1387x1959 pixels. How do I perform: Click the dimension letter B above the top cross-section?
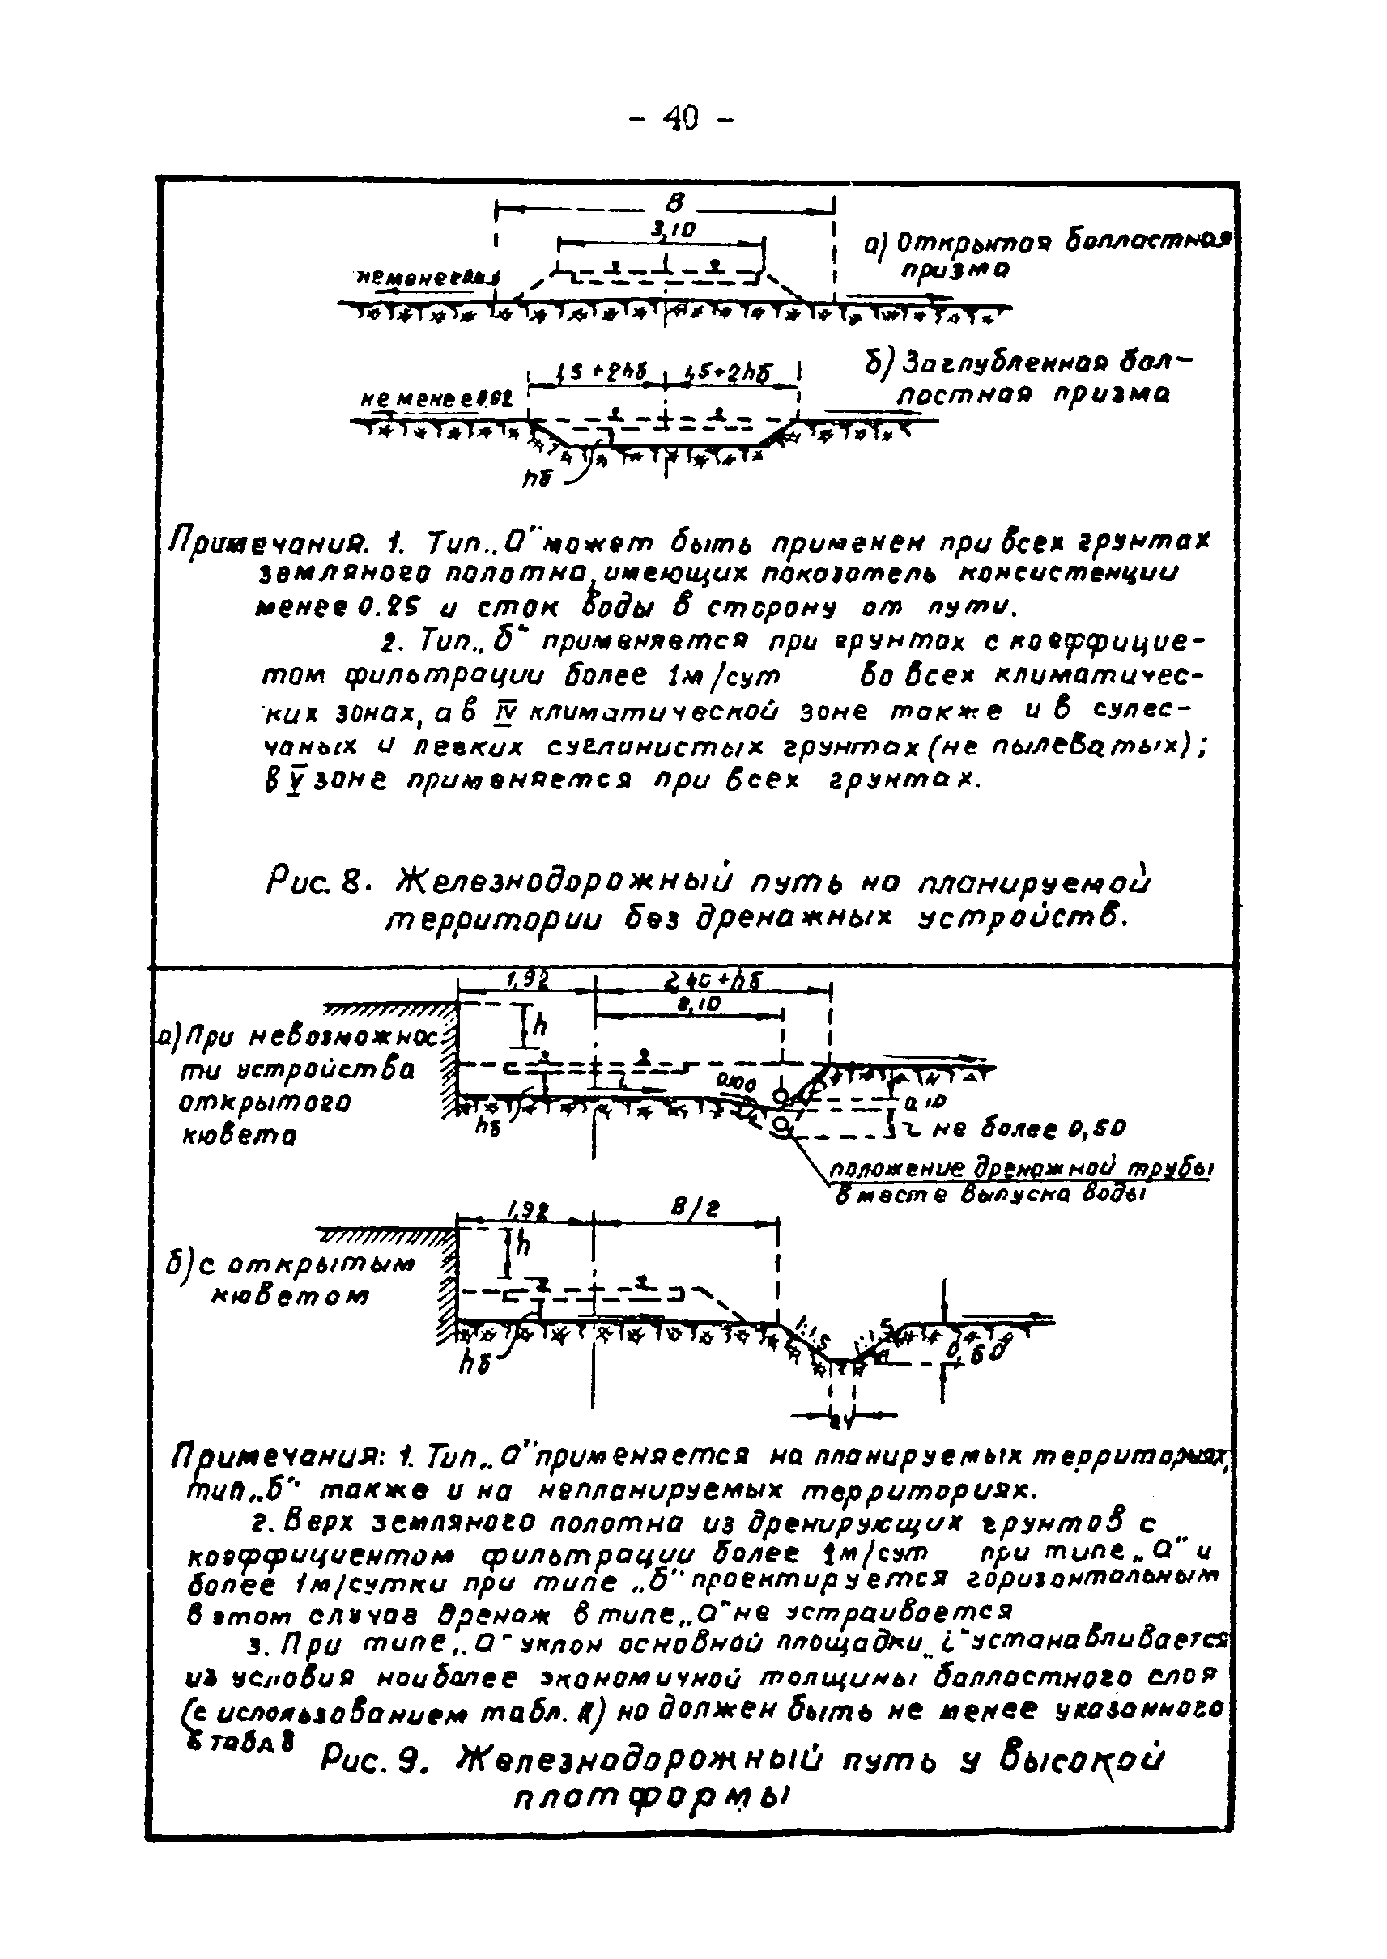coord(674,202)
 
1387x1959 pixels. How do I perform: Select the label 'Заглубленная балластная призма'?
coord(1023,378)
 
